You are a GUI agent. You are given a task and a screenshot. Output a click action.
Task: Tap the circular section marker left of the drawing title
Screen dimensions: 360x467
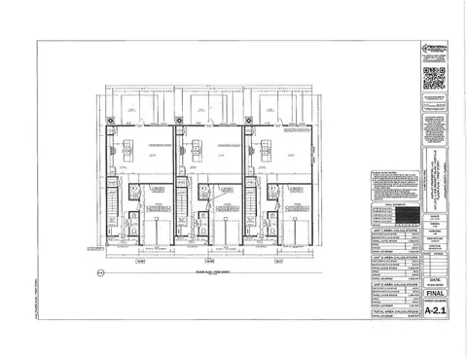tap(100, 273)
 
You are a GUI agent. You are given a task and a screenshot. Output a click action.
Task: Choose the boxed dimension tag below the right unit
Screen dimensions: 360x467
tap(278, 261)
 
